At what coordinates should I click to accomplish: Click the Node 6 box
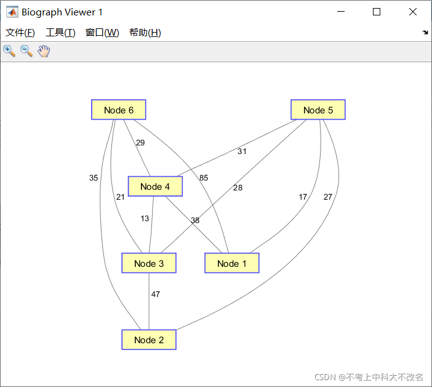click(119, 110)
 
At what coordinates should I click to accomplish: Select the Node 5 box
click(318, 110)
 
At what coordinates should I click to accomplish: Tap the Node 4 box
click(155, 186)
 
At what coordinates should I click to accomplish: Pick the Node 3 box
click(149, 263)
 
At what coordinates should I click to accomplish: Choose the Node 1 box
click(232, 263)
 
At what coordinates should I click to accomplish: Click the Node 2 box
click(149, 340)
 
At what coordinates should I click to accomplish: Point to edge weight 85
click(204, 178)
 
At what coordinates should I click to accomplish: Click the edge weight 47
click(156, 295)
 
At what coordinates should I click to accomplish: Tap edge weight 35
click(94, 178)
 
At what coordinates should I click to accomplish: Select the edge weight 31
click(242, 152)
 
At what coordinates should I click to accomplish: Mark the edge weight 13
click(145, 219)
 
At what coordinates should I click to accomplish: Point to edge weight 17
click(303, 197)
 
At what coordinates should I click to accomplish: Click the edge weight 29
click(140, 143)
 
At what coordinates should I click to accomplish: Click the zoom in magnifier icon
click(9, 51)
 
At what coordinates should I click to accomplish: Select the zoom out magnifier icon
click(26, 51)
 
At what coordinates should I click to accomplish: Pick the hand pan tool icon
click(43, 51)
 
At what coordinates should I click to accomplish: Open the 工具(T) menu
click(60, 33)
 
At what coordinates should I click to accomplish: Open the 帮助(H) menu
click(145, 33)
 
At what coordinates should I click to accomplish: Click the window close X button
click(413, 12)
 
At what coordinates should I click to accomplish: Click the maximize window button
click(377, 12)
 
